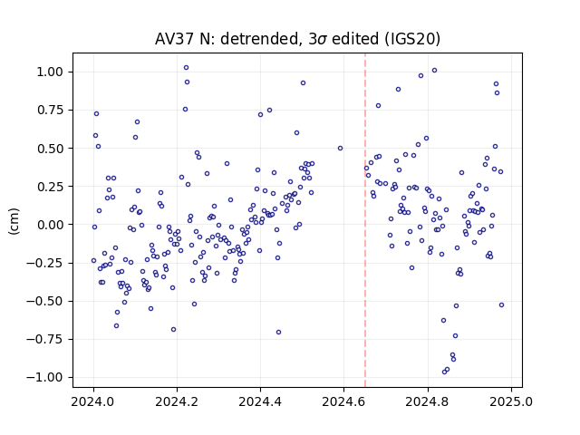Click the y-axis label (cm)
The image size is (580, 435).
coord(14,221)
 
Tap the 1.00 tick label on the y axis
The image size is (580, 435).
coord(50,72)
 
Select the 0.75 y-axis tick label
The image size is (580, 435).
coord(50,110)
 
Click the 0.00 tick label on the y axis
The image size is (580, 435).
coord(50,225)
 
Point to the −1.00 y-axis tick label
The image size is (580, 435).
coord(44,377)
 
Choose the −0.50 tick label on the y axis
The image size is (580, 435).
coord(44,301)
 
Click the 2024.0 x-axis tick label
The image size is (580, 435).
coord(93,401)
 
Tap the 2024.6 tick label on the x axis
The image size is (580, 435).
coord(343,401)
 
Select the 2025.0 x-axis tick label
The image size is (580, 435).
coord(511,401)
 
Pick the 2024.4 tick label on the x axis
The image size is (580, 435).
coord(260,401)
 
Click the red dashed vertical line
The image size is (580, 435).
coord(365,220)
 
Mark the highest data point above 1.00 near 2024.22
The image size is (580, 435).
coord(186,68)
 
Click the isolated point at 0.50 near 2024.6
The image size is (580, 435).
coord(341,149)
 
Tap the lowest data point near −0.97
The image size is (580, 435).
coord(444,372)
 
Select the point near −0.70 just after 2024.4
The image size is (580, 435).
coord(278,333)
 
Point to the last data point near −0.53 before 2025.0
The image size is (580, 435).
coord(501,305)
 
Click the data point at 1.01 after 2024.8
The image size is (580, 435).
coord(435,71)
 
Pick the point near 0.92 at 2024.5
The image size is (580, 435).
coord(303,83)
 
